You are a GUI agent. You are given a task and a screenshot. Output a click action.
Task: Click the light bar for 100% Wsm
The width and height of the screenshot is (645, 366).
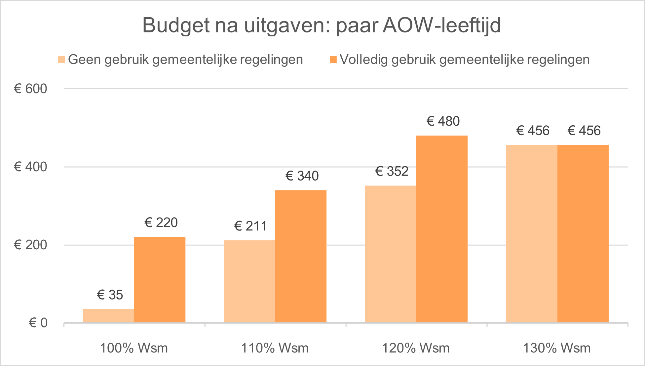108,316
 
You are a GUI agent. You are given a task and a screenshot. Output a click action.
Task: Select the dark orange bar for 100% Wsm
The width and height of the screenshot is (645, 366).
160,280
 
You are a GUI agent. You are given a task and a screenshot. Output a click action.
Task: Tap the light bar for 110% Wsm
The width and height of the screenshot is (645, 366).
249,281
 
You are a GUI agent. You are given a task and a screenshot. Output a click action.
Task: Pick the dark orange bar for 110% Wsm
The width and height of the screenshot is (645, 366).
301,257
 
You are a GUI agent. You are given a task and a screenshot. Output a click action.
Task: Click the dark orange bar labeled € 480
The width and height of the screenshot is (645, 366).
442,229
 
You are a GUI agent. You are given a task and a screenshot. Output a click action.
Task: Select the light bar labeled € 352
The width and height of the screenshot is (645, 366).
391,254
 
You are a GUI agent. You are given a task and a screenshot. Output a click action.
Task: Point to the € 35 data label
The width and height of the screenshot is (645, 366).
110,295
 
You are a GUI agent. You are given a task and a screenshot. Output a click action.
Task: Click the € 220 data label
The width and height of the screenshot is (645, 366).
161,223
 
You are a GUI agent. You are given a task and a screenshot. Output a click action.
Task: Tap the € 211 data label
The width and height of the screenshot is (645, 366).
250,226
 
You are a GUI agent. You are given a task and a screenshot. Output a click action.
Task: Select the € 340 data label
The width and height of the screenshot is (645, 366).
302,176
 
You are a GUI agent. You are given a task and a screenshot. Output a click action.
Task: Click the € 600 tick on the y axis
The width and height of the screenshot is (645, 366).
30,89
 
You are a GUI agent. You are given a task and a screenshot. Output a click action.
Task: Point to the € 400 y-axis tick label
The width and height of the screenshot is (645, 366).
30,167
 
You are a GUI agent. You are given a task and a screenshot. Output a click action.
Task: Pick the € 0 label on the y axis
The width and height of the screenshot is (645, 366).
38,323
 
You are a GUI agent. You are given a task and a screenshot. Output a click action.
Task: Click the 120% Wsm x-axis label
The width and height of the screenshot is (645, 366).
416,348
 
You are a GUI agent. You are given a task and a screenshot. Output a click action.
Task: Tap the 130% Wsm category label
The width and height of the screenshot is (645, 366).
557,348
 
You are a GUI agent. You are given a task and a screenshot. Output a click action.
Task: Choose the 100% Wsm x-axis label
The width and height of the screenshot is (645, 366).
134,348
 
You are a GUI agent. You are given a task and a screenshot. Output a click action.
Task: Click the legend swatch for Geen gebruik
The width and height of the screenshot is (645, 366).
61,60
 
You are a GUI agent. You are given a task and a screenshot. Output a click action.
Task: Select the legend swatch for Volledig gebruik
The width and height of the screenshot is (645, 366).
333,60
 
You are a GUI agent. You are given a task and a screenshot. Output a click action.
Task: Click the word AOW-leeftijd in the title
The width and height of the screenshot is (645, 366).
442,25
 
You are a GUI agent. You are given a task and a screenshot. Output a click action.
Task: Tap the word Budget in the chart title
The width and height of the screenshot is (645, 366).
176,25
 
